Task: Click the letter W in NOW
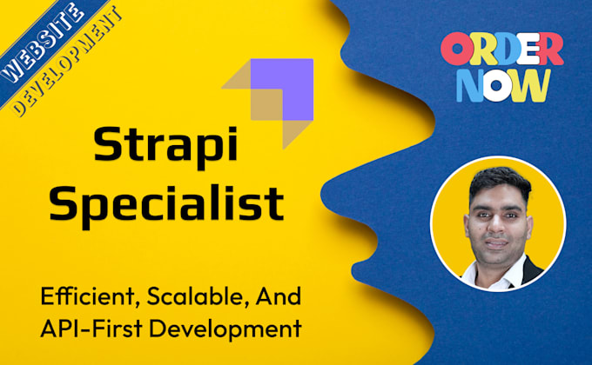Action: [532, 84]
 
